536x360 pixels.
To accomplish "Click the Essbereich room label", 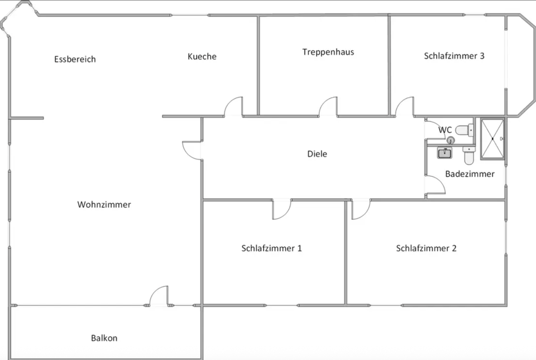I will (x=75, y=59).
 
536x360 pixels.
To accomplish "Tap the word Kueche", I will (x=202, y=56).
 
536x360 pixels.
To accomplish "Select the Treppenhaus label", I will (x=328, y=52).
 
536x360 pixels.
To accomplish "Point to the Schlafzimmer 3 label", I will (x=454, y=56).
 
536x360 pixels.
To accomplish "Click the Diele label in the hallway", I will (x=317, y=154).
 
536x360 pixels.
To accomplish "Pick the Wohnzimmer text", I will (x=104, y=205).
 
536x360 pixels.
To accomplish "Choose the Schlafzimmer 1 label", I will (x=271, y=248).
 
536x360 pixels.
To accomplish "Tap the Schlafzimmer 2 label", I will (x=426, y=248).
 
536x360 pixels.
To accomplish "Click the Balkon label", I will (x=104, y=338).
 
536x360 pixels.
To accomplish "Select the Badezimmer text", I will (x=470, y=174).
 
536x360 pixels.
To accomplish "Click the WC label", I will (x=445, y=130).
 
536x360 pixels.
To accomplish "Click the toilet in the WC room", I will (x=463, y=130).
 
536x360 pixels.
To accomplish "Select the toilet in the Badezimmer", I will (x=468, y=155).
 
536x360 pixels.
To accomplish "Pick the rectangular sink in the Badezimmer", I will (x=445, y=153).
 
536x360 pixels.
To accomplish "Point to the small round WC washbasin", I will (x=451, y=141).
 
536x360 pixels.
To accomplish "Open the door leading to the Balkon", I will (x=159, y=296).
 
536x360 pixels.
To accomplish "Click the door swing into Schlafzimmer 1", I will (x=281, y=209).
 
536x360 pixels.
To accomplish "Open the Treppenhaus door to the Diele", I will (x=328, y=107).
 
